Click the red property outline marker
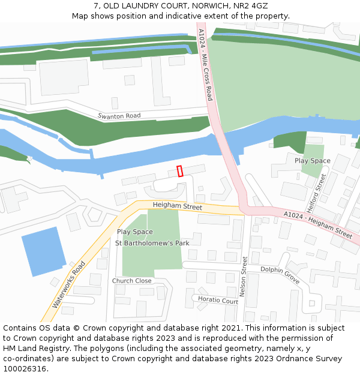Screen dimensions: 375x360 [x=180, y=171]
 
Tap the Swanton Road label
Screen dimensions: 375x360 [x=119, y=116]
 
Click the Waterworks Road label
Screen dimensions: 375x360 [x=69, y=284]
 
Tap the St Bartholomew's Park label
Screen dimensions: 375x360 [x=152, y=243]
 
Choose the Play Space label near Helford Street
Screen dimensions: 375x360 [x=312, y=161]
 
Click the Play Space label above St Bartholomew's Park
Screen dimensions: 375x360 [x=135, y=232]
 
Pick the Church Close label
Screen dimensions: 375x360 [x=131, y=281]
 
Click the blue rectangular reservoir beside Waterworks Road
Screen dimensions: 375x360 [x=43, y=251]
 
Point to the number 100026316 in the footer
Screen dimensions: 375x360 [x=25, y=368]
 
